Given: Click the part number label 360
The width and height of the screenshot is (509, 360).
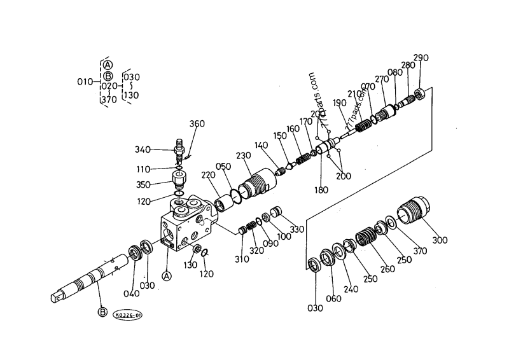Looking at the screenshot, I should point(197,124).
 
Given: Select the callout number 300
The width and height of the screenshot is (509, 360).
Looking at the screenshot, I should point(440,240).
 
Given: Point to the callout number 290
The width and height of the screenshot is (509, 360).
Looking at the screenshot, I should point(421,58).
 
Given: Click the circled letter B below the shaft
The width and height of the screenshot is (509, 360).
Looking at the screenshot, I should point(102,312).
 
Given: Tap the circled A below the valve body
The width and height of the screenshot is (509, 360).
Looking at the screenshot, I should point(167,276).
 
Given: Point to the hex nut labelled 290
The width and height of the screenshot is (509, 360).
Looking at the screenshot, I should point(419,96).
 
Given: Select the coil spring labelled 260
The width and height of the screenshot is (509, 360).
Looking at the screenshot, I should point(367,238).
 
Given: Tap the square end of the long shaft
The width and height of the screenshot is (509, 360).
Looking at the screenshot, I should point(59,296).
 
